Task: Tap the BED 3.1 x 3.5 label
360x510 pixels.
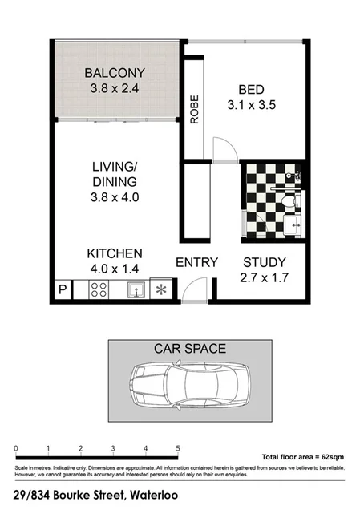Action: coord(257,96)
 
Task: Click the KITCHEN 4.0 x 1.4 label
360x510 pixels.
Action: coord(115,261)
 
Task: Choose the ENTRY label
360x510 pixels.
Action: coord(196,262)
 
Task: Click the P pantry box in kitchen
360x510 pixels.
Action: coord(62,290)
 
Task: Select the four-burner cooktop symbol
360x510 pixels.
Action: coord(99,289)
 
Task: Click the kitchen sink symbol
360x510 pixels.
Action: coord(137,289)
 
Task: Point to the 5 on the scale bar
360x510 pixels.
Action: coord(178,448)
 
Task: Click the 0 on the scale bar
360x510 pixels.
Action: coord(16,448)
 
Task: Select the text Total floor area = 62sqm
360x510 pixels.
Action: coord(301,455)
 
